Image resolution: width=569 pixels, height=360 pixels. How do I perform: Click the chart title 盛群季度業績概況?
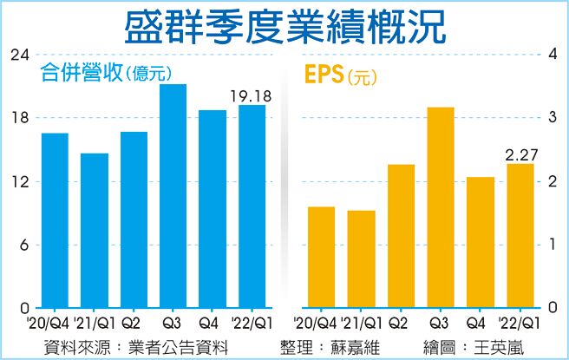tap(284, 26)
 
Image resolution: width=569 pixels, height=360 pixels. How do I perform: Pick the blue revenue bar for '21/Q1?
tap(94, 231)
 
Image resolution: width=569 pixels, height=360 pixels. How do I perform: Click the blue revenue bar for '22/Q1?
tap(252, 206)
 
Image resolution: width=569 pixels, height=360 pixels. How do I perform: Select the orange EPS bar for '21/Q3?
tap(441, 207)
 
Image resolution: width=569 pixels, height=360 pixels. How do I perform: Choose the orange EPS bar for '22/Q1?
tap(520, 236)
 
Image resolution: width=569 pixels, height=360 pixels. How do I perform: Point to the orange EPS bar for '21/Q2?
tap(401, 236)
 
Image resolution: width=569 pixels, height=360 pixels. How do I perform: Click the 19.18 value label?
tap(251, 95)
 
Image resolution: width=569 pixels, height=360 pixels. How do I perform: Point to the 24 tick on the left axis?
tap(18, 55)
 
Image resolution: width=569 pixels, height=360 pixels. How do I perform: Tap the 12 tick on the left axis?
tap(18, 182)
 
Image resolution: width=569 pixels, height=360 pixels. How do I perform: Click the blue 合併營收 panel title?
tap(82, 74)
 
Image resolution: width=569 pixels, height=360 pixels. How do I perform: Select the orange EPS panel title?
tap(323, 75)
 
